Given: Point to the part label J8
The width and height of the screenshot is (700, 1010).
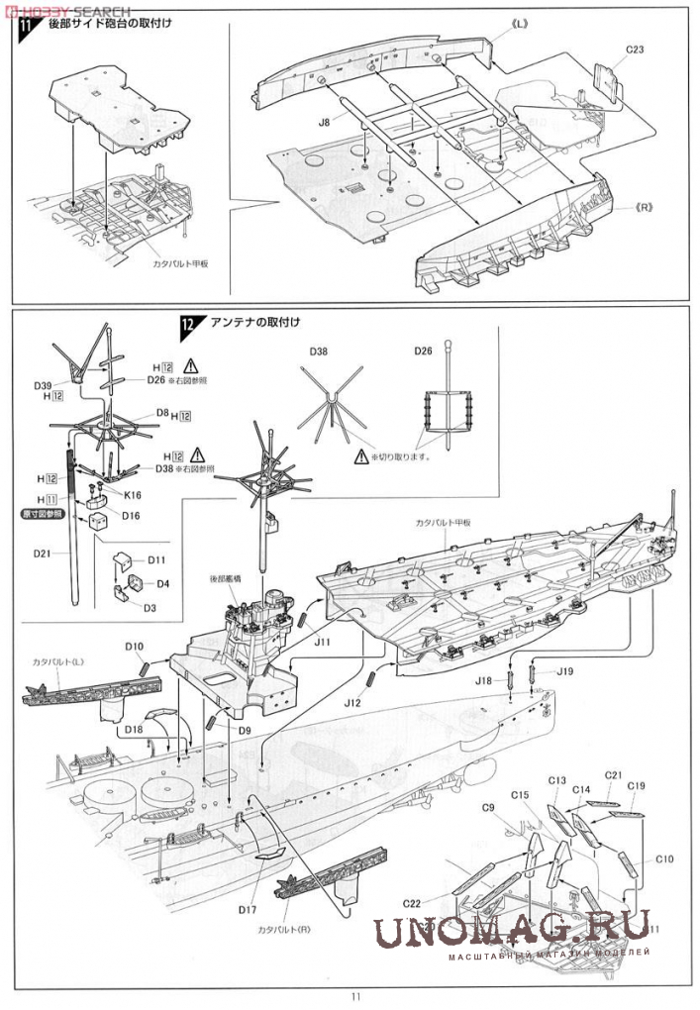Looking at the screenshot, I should pyautogui.click(x=324, y=122).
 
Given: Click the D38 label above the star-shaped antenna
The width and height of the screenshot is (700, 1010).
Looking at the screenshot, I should pyautogui.click(x=319, y=351).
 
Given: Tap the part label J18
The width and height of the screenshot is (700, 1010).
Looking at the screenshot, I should pyautogui.click(x=483, y=680).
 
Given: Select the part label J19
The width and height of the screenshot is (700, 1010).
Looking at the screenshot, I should pyautogui.click(x=564, y=672).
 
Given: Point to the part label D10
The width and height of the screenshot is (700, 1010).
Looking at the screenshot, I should pyautogui.click(x=135, y=646).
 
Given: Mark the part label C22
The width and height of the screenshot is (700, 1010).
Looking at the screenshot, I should pyautogui.click(x=414, y=902).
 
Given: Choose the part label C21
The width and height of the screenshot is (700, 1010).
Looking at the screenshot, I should pyautogui.click(x=613, y=774).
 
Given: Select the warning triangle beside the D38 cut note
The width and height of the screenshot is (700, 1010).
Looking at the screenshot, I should pyautogui.click(x=361, y=455).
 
